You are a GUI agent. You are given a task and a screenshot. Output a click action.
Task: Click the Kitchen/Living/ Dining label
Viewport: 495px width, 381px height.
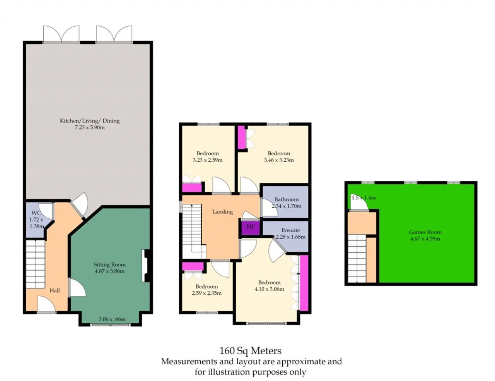[x=89, y=121]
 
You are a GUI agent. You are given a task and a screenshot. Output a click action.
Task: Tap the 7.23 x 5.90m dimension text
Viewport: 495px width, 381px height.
[x=89, y=127]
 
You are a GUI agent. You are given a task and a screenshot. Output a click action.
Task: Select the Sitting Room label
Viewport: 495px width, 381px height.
[x=109, y=264]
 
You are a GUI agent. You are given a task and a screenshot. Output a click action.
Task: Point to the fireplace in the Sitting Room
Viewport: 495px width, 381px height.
[x=146, y=266]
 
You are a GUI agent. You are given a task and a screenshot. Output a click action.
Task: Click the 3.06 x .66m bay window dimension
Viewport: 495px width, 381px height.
[x=112, y=319]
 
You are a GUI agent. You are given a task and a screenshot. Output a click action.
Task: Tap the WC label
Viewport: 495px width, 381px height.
[x=36, y=213]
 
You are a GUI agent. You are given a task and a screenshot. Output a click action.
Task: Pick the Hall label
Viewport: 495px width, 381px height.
[x=55, y=290]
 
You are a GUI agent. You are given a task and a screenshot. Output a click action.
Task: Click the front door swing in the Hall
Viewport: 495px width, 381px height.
[x=46, y=304]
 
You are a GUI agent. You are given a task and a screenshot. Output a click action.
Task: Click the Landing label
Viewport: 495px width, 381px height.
[x=222, y=212]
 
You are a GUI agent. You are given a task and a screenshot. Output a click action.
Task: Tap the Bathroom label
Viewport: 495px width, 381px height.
[x=286, y=199]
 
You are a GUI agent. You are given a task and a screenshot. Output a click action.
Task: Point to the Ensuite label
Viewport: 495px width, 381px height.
[x=291, y=230]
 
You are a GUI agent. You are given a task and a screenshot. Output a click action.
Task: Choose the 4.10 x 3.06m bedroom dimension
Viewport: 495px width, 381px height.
[x=269, y=289]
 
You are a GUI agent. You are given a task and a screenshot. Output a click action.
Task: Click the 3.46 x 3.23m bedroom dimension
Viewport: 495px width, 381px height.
[x=279, y=160]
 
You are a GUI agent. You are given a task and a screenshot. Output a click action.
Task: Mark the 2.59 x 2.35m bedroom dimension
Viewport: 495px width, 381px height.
[x=207, y=293]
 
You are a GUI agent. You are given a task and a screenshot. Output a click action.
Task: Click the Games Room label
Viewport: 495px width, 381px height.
[x=425, y=232]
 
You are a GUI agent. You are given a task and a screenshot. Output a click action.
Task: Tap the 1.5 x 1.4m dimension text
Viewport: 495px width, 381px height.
[x=364, y=198]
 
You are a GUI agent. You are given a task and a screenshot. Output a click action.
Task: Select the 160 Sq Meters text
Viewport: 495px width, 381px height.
[x=250, y=350]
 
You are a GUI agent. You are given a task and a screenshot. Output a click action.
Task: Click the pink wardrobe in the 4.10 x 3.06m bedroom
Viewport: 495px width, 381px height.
[x=304, y=283]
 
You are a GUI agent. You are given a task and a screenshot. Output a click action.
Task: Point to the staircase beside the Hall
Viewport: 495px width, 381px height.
[x=35, y=264]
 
